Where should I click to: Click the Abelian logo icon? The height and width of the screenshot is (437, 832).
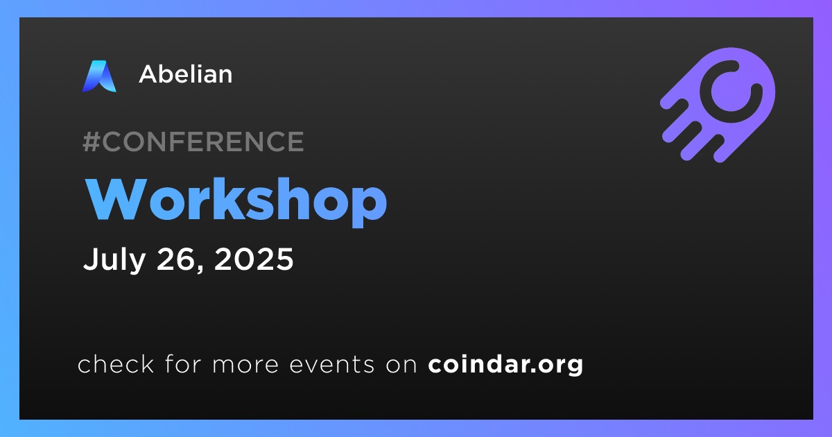pyautogui.click(x=99, y=76)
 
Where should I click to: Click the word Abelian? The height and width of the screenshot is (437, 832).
pyautogui.click(x=186, y=74)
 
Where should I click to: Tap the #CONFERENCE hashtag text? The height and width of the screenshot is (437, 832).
pyautogui.click(x=193, y=142)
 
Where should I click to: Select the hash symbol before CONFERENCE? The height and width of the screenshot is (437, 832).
pyautogui.click(x=92, y=142)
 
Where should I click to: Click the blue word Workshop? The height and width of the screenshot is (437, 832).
pyautogui.click(x=236, y=201)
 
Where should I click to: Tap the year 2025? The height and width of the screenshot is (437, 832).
pyautogui.click(x=254, y=259)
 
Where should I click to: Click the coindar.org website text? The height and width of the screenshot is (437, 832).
pyautogui.click(x=505, y=365)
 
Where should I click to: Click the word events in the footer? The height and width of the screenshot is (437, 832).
pyautogui.click(x=332, y=365)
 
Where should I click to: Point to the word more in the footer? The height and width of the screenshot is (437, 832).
pyautogui.click(x=245, y=365)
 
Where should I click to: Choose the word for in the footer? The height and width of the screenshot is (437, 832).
pyautogui.click(x=183, y=363)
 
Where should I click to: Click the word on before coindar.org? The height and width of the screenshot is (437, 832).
pyautogui.click(x=401, y=365)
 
